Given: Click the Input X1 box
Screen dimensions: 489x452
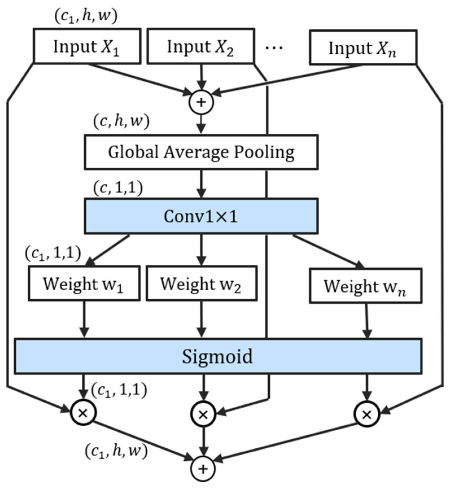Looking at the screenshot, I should [87, 46].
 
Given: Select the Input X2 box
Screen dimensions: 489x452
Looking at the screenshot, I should [201, 46].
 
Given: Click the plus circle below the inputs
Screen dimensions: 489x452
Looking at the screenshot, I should [201, 102].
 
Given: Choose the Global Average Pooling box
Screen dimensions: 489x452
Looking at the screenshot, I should [201, 152].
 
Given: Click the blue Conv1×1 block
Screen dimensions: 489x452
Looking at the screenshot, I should [201, 216].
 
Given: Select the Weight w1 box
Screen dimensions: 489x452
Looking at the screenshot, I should [84, 283].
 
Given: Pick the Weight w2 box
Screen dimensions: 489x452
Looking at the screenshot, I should [201, 283].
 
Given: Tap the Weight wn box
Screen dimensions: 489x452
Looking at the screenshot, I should [366, 286].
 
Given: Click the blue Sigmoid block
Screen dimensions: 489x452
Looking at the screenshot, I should [218, 356].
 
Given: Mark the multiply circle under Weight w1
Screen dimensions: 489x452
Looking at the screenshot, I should [83, 413].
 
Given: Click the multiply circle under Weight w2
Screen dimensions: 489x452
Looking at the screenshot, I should [203, 414].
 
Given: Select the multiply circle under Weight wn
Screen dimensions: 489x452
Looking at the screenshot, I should [367, 414].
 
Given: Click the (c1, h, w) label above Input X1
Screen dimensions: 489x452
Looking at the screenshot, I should [86, 16].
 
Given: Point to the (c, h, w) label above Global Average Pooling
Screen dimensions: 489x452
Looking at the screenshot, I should [121, 122].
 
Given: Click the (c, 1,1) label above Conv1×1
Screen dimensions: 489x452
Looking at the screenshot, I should [118, 188].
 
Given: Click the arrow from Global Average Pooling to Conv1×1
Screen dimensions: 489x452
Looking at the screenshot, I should [201, 183].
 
